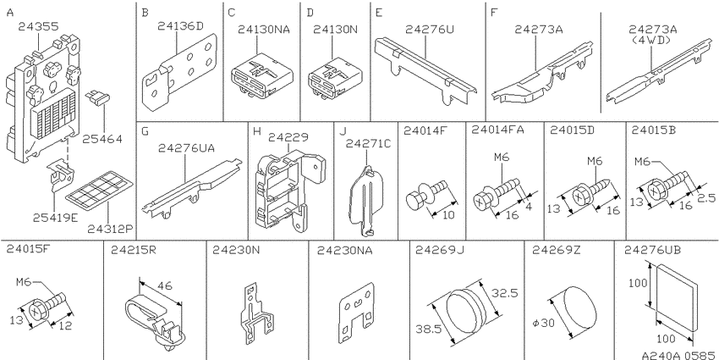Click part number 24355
(x=39, y=26)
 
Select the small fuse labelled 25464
(x=97, y=97)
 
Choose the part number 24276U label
(x=430, y=29)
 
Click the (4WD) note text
(x=651, y=40)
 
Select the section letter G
(x=145, y=131)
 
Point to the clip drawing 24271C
(x=367, y=200)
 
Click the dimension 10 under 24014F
(x=449, y=214)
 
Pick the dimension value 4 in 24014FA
(x=529, y=207)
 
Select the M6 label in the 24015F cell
(x=23, y=282)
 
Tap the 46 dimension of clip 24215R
(x=165, y=285)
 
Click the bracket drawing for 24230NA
(x=358, y=313)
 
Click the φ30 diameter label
(x=544, y=323)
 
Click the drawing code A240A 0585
(x=678, y=355)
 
